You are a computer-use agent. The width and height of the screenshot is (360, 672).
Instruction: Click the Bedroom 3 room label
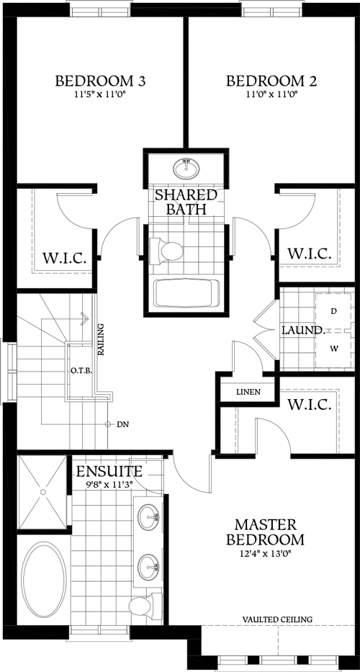tap(101, 81)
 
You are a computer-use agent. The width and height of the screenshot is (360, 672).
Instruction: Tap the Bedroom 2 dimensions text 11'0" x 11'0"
tap(272, 94)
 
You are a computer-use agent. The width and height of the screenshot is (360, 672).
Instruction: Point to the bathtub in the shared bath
tap(186, 293)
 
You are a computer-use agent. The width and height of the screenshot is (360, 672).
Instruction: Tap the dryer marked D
tap(333, 311)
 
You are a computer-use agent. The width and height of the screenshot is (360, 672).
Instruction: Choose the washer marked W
tap(333, 349)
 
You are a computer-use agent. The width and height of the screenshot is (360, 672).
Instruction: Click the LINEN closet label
tap(248, 393)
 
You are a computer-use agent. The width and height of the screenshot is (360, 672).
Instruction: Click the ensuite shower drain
tap(43, 491)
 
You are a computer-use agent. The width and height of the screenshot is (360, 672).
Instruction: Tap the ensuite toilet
tap(142, 606)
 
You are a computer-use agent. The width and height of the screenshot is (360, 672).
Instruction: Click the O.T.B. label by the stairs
tap(80, 372)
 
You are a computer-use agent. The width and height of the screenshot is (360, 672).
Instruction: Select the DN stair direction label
tap(122, 425)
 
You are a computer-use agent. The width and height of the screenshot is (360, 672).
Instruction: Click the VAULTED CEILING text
tap(277, 619)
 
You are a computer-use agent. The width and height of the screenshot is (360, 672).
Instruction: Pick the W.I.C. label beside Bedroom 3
tap(64, 258)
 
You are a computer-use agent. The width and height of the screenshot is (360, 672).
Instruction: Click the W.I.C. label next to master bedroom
tap(309, 404)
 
